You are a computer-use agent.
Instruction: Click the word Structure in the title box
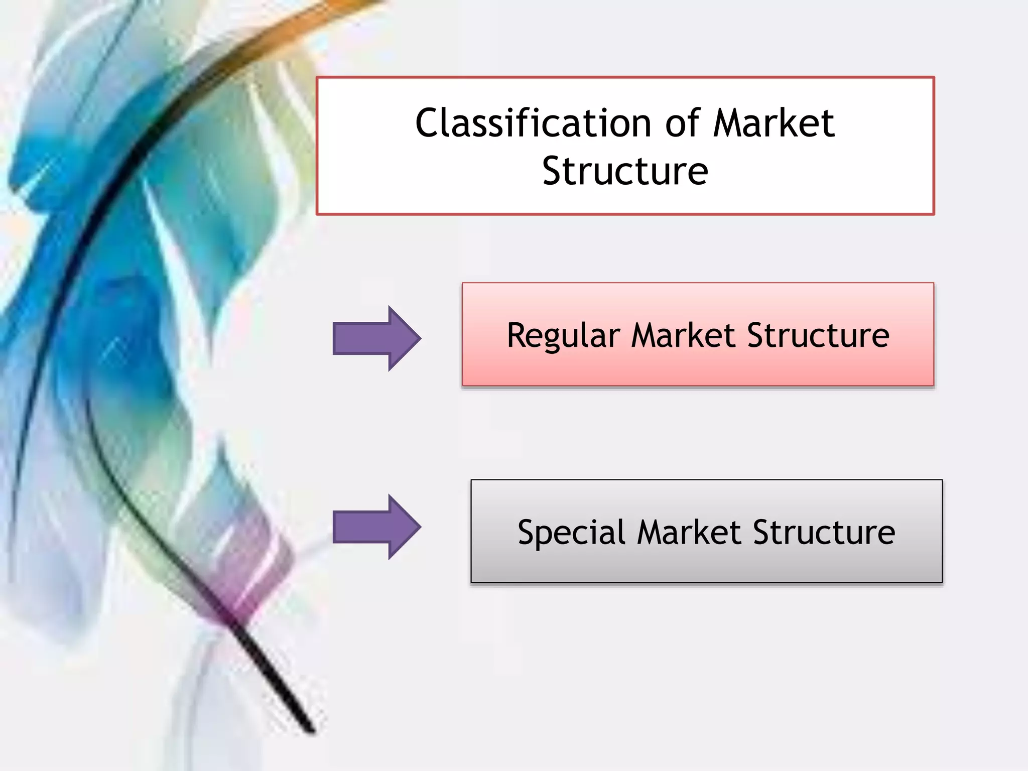(625, 172)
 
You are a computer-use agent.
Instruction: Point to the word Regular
(563, 336)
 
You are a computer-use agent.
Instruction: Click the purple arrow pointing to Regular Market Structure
(376, 338)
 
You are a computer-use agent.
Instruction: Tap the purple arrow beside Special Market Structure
(376, 527)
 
